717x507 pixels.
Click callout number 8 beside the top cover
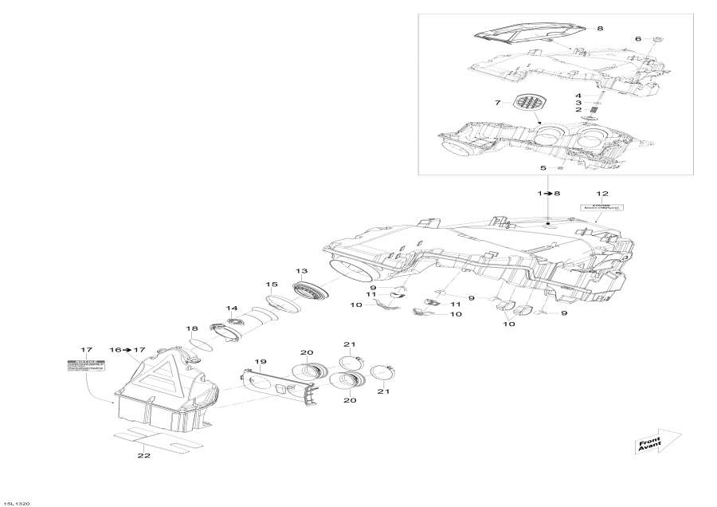(x=599, y=29)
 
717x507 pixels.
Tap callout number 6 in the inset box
(x=637, y=39)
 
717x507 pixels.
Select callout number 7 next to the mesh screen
(x=497, y=103)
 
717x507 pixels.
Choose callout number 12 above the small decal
(x=602, y=194)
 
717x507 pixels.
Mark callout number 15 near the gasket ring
(x=272, y=285)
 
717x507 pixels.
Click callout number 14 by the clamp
(x=232, y=309)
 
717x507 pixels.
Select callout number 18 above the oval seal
(x=192, y=328)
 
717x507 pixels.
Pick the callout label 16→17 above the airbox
(x=127, y=350)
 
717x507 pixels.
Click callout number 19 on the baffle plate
(x=260, y=362)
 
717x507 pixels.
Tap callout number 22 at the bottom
(x=144, y=457)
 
